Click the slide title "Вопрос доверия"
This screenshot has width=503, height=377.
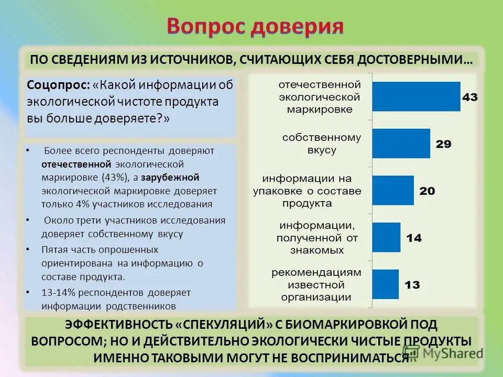[255, 26]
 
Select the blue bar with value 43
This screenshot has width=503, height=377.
[416, 97]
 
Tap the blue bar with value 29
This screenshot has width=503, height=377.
[401, 143]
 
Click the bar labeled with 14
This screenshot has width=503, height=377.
[387, 237]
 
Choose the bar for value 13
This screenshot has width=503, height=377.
[386, 284]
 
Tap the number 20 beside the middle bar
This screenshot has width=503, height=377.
[427, 191]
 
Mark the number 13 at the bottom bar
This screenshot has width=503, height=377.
[412, 285]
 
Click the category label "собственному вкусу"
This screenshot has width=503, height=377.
[321, 143]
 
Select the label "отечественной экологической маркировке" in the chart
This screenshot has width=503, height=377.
[319, 97]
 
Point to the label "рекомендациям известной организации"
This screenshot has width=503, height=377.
[316, 284]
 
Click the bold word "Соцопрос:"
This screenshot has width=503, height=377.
[59, 85]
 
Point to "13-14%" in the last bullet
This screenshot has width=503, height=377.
[56, 292]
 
